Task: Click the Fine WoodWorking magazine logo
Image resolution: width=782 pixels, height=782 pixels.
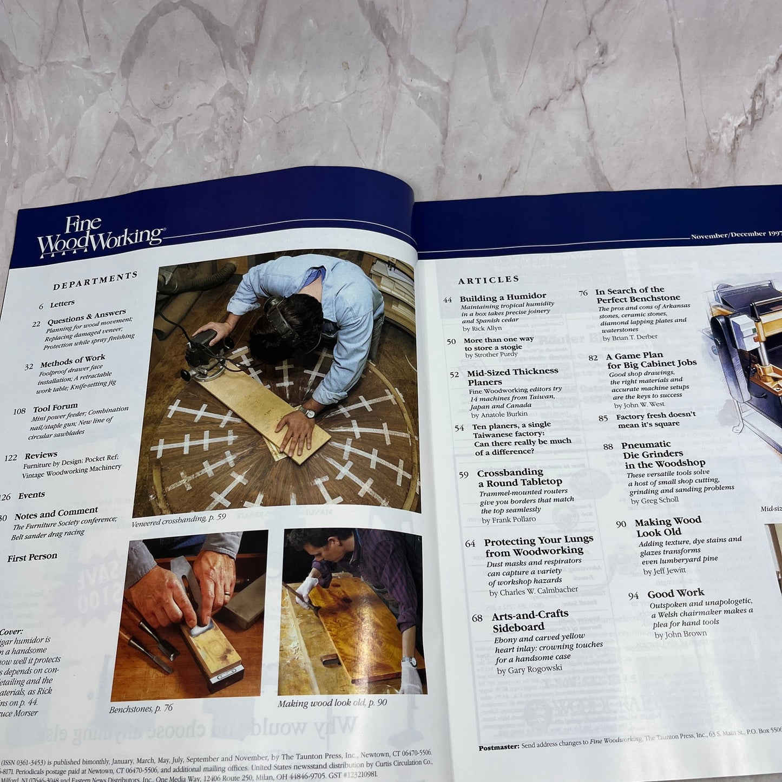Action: pyautogui.click(x=100, y=236)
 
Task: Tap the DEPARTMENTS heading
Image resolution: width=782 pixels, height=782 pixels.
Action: pyautogui.click(x=95, y=280)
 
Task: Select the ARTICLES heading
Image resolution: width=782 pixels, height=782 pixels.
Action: pyautogui.click(x=488, y=280)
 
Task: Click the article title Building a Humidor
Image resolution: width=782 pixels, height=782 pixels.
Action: pyautogui.click(x=503, y=297)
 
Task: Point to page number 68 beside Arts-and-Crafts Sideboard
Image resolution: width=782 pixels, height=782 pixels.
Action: pyautogui.click(x=477, y=618)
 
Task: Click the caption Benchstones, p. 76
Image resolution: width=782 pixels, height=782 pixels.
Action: pyautogui.click(x=141, y=708)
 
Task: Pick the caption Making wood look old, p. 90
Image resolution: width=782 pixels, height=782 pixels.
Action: pyautogui.click(x=332, y=703)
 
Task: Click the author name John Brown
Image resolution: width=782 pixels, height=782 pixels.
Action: pyautogui.click(x=680, y=634)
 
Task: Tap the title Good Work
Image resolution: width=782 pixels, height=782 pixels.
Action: pyautogui.click(x=675, y=593)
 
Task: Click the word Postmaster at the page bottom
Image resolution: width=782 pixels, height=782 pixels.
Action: pyautogui.click(x=498, y=748)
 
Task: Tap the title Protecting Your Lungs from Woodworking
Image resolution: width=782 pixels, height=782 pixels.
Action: pyautogui.click(x=538, y=546)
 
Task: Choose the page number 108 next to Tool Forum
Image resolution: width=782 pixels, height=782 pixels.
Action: pyautogui.click(x=19, y=411)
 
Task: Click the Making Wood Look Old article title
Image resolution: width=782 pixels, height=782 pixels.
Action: pyautogui.click(x=667, y=526)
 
